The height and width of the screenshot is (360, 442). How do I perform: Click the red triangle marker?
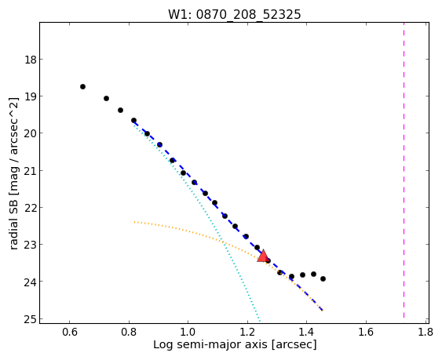(263, 256)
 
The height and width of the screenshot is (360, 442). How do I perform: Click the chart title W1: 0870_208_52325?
(235, 15)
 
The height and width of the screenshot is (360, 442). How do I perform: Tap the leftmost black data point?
(82, 86)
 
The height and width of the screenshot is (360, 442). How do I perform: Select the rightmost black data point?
(323, 278)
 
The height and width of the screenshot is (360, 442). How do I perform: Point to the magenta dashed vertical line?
(404, 170)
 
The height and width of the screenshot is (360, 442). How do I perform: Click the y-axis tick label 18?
(30, 60)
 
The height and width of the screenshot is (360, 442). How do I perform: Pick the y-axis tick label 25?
(30, 319)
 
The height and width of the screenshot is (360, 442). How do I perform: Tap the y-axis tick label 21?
(30, 170)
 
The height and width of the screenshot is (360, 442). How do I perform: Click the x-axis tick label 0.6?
(70, 332)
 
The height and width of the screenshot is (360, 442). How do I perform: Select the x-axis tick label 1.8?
(426, 332)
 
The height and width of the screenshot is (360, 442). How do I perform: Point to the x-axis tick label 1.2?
(247, 332)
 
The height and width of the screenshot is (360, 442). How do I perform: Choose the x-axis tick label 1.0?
(188, 332)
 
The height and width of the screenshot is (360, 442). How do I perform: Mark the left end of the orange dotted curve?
(134, 222)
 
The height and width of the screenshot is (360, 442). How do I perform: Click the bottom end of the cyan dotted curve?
(260, 321)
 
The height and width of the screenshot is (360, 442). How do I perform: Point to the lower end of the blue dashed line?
(323, 311)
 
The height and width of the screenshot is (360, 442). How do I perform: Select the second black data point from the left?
(106, 98)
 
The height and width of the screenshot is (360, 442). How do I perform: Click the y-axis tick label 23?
(30, 245)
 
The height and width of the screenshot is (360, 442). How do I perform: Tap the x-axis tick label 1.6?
(366, 332)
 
